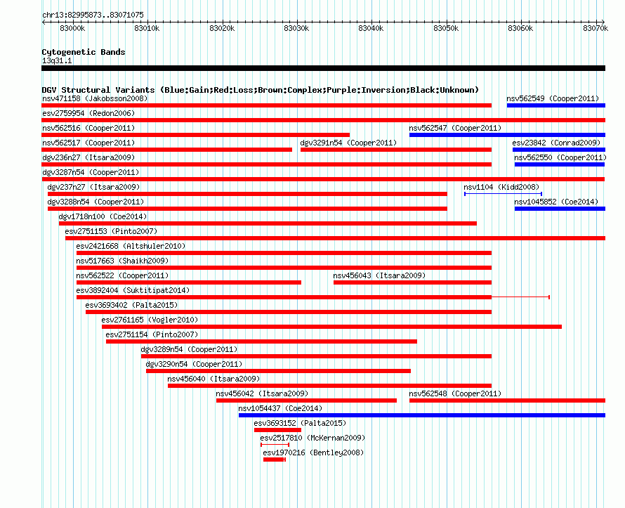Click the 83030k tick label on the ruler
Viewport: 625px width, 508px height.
click(x=296, y=28)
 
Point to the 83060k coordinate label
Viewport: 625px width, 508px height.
click(x=520, y=28)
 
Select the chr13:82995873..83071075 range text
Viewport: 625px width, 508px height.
click(x=93, y=15)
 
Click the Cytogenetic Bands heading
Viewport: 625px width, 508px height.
click(x=84, y=52)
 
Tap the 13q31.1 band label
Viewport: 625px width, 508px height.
click(x=57, y=60)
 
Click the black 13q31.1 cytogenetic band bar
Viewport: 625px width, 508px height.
click(x=323, y=68)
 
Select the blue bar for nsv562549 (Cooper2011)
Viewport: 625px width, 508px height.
click(x=556, y=105)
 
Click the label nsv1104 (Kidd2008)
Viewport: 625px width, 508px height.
click(x=501, y=187)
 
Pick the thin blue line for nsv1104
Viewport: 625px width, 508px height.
click(x=503, y=194)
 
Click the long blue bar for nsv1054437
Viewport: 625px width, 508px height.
click(x=422, y=415)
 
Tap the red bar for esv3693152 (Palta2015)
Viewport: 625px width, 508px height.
click(x=278, y=430)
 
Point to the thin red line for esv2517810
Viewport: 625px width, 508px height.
click(x=275, y=445)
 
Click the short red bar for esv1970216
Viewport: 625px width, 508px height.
click(x=274, y=460)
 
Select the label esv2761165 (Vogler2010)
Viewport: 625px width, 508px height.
click(x=150, y=320)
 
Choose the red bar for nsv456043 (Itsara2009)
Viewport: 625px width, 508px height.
click(x=412, y=282)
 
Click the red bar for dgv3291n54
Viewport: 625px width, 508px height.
click(x=396, y=150)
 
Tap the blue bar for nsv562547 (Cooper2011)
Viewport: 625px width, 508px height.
click(x=508, y=135)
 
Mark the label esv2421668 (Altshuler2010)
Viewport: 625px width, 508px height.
click(x=131, y=246)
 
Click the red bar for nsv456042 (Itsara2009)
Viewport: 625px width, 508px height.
click(x=306, y=400)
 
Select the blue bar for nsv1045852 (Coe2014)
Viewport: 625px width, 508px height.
click(x=560, y=209)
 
